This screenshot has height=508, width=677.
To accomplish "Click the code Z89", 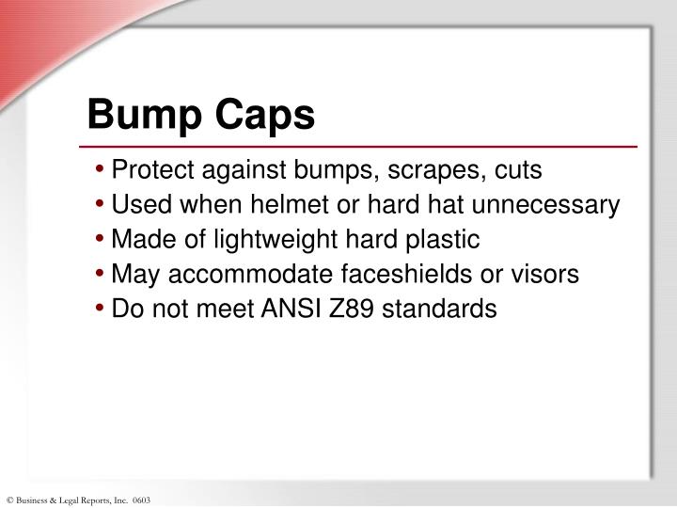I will [341, 309].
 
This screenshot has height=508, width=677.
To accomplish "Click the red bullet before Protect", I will [101, 171].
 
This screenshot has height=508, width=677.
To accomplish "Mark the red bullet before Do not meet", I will [101, 310].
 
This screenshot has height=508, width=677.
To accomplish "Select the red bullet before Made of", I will [101, 241].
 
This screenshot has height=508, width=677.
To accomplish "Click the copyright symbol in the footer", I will [9, 500].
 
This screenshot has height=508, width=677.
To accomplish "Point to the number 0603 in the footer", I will [141, 500].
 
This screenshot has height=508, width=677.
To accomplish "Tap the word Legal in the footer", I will [72, 500].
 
